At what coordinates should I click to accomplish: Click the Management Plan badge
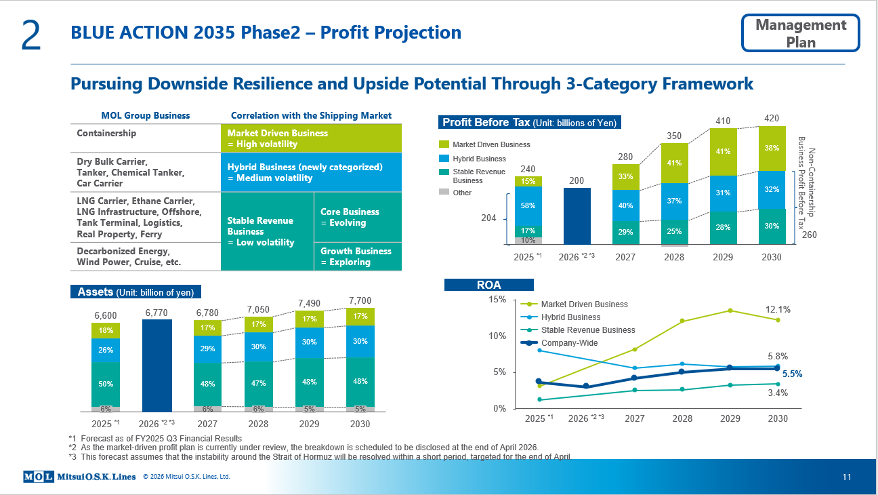[801, 33]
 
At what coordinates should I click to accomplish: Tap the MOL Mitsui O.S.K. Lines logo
[80, 477]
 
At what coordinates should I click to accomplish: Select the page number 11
[846, 477]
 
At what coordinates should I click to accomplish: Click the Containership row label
[106, 134]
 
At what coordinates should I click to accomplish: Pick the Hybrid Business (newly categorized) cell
[311, 172]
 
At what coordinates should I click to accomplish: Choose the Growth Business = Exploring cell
[357, 256]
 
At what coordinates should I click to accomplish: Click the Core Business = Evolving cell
[357, 217]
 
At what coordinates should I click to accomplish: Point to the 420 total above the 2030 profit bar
[771, 119]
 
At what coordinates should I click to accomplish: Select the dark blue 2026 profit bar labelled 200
[577, 216]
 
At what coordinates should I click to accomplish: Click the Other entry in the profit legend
[461, 193]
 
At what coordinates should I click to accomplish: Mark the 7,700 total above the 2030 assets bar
[359, 300]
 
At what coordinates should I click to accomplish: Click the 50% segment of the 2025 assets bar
[106, 384]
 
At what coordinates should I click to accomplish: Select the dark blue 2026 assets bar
[156, 365]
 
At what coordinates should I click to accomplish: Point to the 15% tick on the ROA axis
[497, 300]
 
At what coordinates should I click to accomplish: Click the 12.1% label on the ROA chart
[777, 310]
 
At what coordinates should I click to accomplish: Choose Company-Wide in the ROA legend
[568, 343]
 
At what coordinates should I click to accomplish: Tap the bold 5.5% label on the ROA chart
[792, 374]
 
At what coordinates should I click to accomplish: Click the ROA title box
[488, 285]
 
